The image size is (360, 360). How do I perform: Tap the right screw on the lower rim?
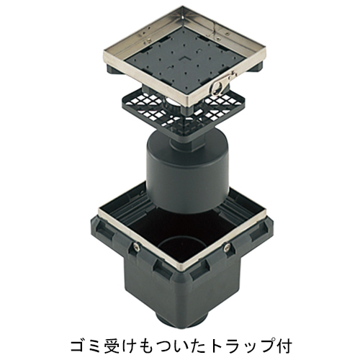tap(227, 246)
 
